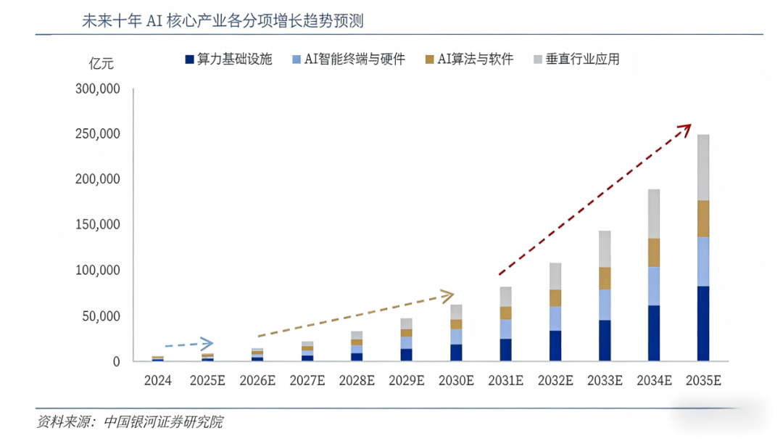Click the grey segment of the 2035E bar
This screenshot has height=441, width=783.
[x=703, y=167]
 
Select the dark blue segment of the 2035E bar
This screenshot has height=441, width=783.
[x=703, y=323]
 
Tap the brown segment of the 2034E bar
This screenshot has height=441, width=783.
[x=653, y=252]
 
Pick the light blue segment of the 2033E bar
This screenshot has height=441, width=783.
[x=604, y=305]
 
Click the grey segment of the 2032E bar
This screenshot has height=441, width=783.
[x=555, y=276]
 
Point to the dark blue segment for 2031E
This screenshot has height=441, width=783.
[x=505, y=350]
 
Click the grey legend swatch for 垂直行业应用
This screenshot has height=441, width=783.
[x=537, y=59]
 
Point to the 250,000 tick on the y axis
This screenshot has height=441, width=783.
[x=96, y=134]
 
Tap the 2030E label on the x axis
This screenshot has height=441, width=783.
[x=456, y=380]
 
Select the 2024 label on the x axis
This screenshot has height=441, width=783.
[x=158, y=380]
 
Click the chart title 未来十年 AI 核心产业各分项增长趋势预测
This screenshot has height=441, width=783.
[x=224, y=20]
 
